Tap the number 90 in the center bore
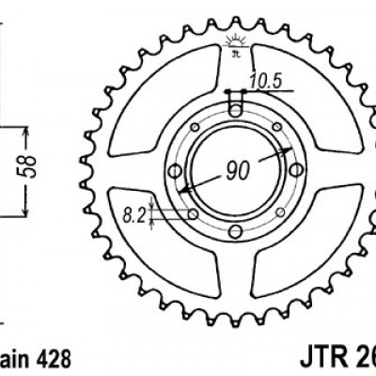point(236,172)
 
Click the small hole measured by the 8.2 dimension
point(193,214)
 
